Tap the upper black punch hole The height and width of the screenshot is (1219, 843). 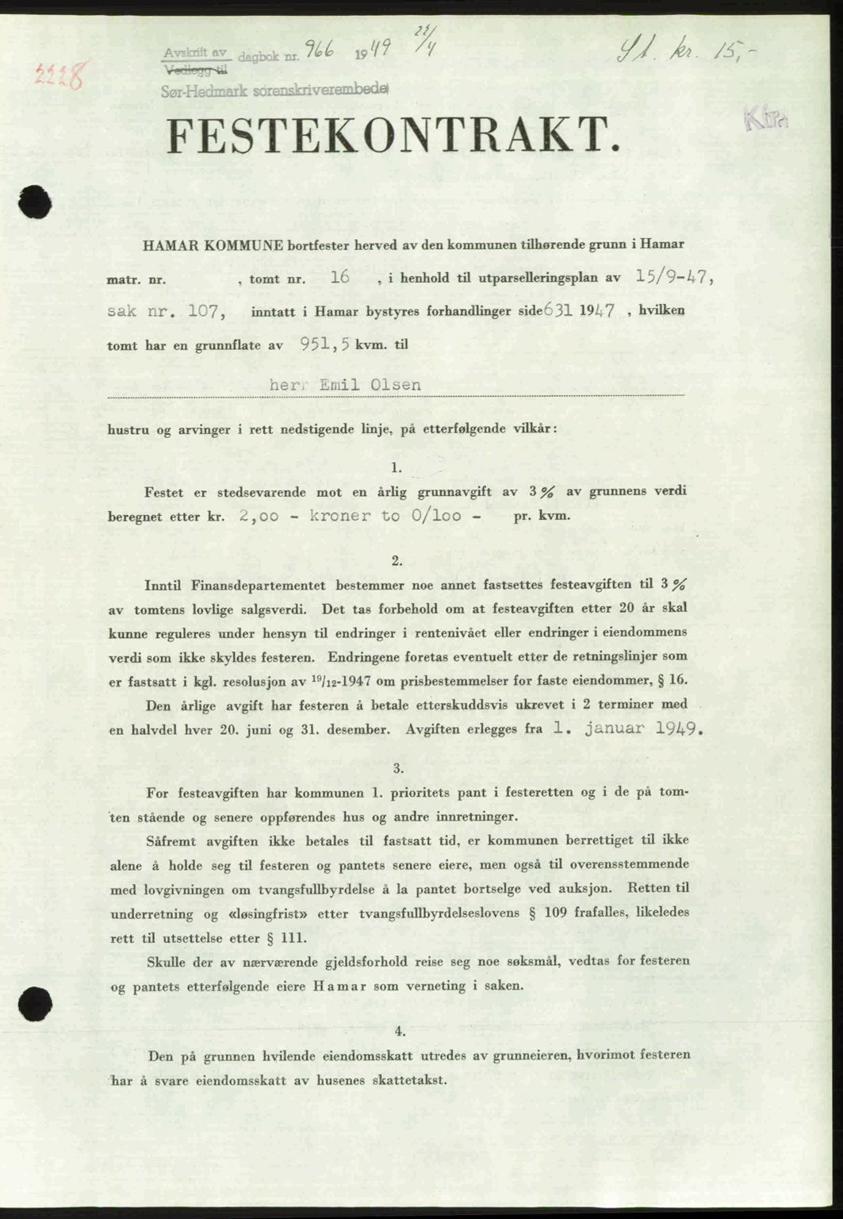pos(35,201)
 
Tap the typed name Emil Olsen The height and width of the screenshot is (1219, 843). pos(370,384)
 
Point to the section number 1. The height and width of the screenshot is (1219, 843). pos(397,467)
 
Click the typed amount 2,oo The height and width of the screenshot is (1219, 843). pos(259,515)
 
